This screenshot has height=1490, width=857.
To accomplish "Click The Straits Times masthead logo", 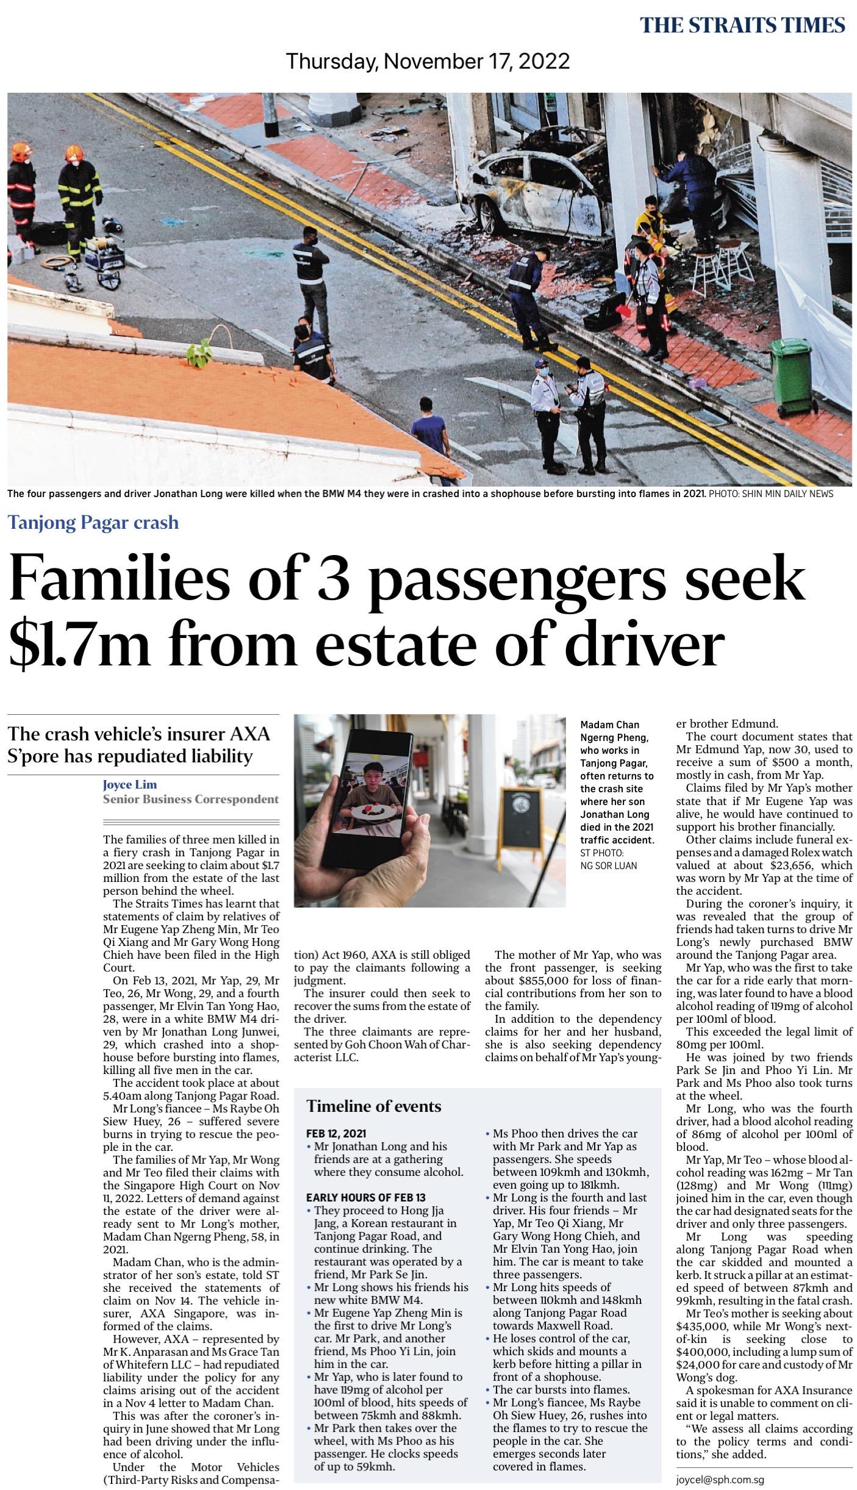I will point(742,25).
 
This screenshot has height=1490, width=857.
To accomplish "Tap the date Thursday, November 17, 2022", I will point(428,61).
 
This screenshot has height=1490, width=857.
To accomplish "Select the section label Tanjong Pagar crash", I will point(93,522).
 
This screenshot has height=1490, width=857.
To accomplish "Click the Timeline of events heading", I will point(373,1106).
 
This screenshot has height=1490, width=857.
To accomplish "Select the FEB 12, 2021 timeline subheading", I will point(336,1133).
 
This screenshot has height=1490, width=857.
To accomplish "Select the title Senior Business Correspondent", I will point(191,799).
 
